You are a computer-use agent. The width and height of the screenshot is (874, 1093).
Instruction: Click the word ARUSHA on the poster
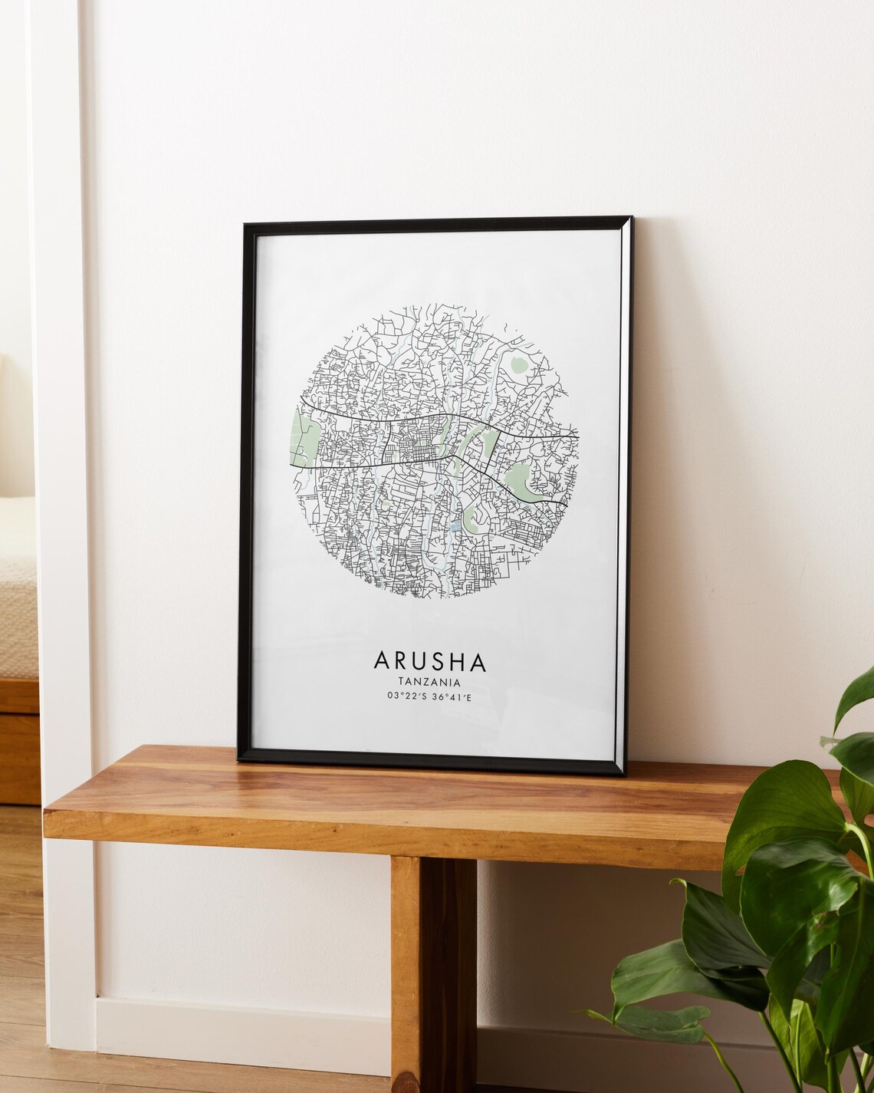(x=429, y=660)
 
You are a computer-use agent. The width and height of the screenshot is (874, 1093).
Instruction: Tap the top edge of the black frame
(x=437, y=222)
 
